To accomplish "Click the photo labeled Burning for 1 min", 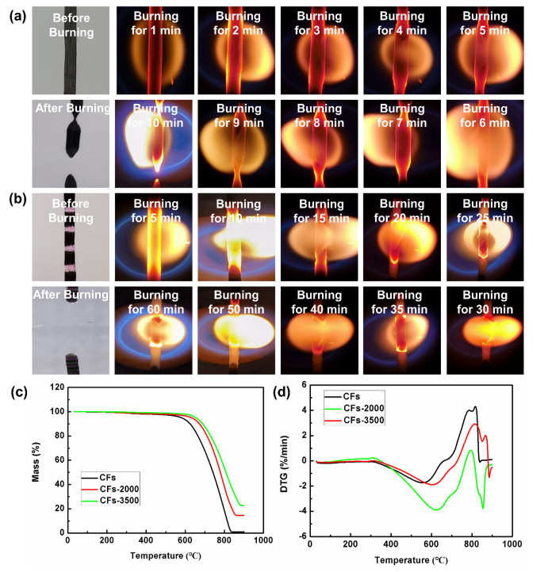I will click(152, 49).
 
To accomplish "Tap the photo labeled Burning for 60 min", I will click(152, 329).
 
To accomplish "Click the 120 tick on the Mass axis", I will click(54, 388).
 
